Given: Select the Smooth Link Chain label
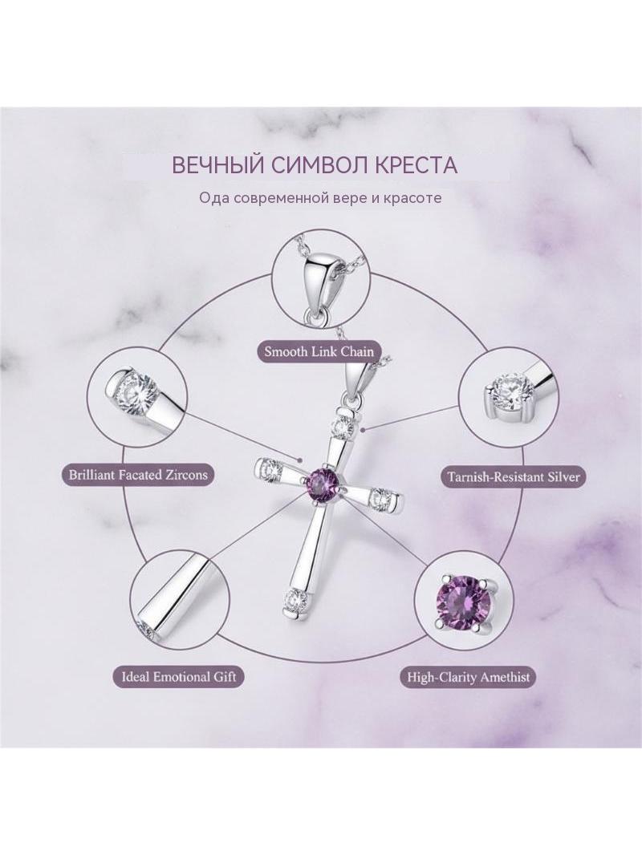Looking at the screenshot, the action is tap(319, 351).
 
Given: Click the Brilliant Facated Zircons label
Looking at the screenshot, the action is tap(138, 474).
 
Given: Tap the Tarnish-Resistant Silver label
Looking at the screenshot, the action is tap(514, 476).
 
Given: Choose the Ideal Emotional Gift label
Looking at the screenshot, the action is tap(178, 677).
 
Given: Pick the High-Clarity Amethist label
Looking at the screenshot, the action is tap(469, 677).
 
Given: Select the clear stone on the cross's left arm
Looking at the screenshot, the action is tap(270, 467).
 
